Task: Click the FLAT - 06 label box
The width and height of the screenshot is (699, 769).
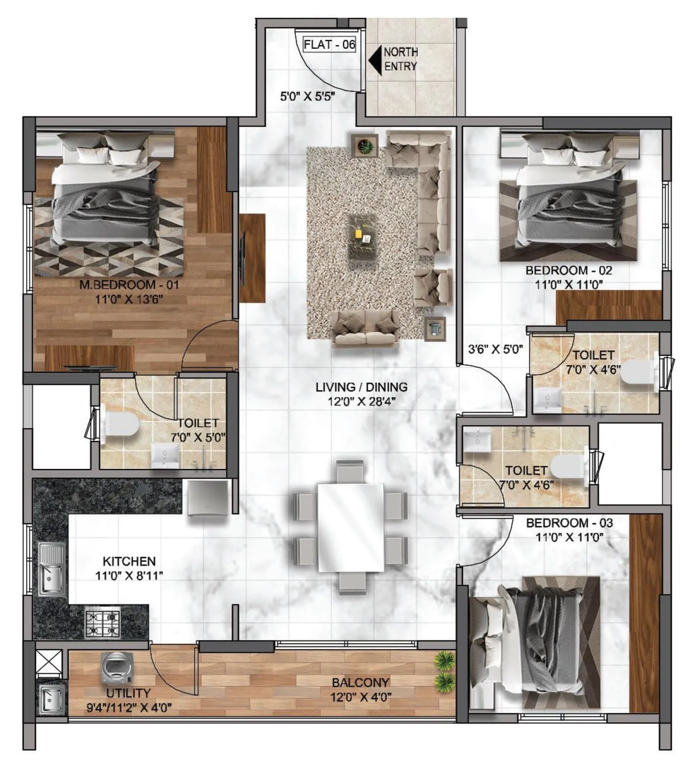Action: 330,45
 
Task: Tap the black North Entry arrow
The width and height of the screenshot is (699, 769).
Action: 376,60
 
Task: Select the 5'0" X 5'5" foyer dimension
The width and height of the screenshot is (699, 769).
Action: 307,97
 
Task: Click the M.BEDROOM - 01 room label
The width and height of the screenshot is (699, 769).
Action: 129,285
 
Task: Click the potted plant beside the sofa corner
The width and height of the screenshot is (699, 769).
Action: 365,145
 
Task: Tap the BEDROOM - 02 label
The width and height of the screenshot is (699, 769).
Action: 568,271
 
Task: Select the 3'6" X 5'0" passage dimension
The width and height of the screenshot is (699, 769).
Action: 495,349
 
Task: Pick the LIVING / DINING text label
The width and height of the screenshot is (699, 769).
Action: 361,387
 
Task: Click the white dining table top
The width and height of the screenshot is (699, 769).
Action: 350,528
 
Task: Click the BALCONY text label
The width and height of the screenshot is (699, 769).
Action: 361,682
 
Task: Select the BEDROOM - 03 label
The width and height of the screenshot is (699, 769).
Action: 569,523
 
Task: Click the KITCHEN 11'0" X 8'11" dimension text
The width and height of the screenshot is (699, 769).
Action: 129,575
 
